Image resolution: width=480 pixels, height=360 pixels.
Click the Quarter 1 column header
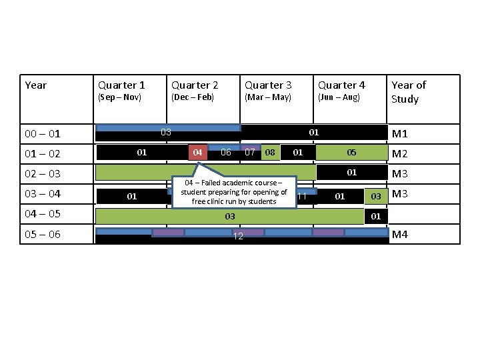(x=121, y=85)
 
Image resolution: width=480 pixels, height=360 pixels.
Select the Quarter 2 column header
(x=195, y=85)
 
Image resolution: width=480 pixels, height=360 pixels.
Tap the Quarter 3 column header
(x=268, y=85)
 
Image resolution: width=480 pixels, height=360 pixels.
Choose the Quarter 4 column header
(x=341, y=85)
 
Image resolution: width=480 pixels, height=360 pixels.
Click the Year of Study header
(x=409, y=92)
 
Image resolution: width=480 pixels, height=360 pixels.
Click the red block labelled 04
(x=197, y=153)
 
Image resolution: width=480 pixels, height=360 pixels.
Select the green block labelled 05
(x=351, y=153)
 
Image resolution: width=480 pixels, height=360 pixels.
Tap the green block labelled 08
(x=270, y=153)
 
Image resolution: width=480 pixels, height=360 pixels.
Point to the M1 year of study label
(x=400, y=134)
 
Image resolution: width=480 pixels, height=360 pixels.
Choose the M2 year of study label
(x=400, y=154)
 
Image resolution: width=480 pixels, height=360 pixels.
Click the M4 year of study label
(x=400, y=235)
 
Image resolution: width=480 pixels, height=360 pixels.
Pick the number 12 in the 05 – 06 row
(x=237, y=238)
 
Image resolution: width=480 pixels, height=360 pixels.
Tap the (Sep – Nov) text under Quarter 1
(x=119, y=97)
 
